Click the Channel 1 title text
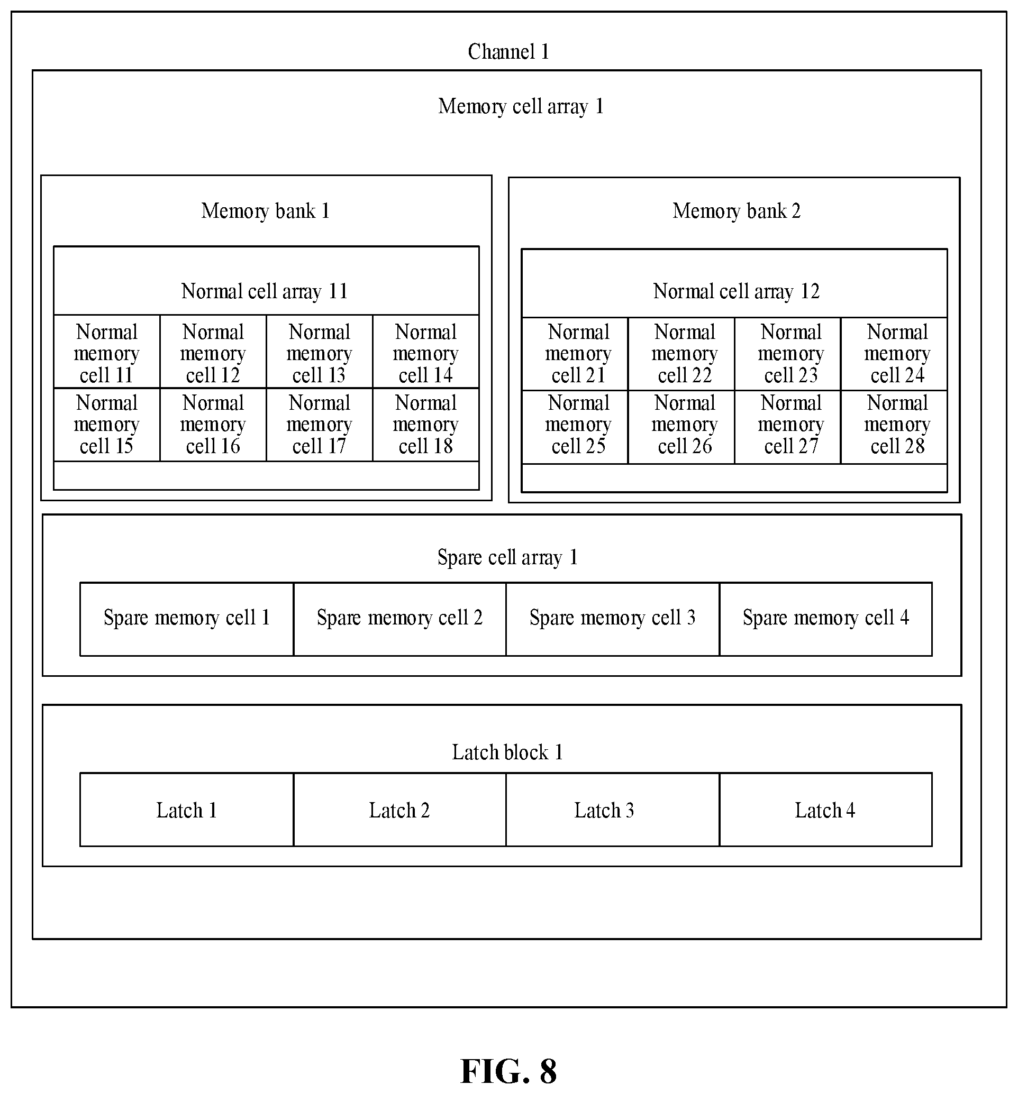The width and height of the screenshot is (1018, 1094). click(508, 52)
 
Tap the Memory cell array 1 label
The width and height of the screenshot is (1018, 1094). click(521, 106)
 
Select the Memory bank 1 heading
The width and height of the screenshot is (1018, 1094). click(266, 211)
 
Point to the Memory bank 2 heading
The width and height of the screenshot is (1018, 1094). click(737, 211)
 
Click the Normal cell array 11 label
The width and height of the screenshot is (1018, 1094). click(265, 291)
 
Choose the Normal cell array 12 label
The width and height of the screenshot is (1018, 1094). click(737, 291)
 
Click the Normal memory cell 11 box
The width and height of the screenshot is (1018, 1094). click(107, 352)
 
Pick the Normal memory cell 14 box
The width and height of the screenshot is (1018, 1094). click(426, 352)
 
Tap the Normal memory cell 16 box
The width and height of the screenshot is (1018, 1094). click(213, 425)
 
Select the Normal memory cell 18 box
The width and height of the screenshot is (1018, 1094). click(426, 425)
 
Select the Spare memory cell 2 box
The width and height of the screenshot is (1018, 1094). click(399, 619)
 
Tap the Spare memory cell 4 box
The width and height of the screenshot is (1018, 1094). click(826, 619)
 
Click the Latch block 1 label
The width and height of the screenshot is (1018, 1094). click(507, 752)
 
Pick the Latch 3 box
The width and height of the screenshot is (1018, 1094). click(613, 810)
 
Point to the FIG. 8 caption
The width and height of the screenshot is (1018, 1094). click(508, 1071)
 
